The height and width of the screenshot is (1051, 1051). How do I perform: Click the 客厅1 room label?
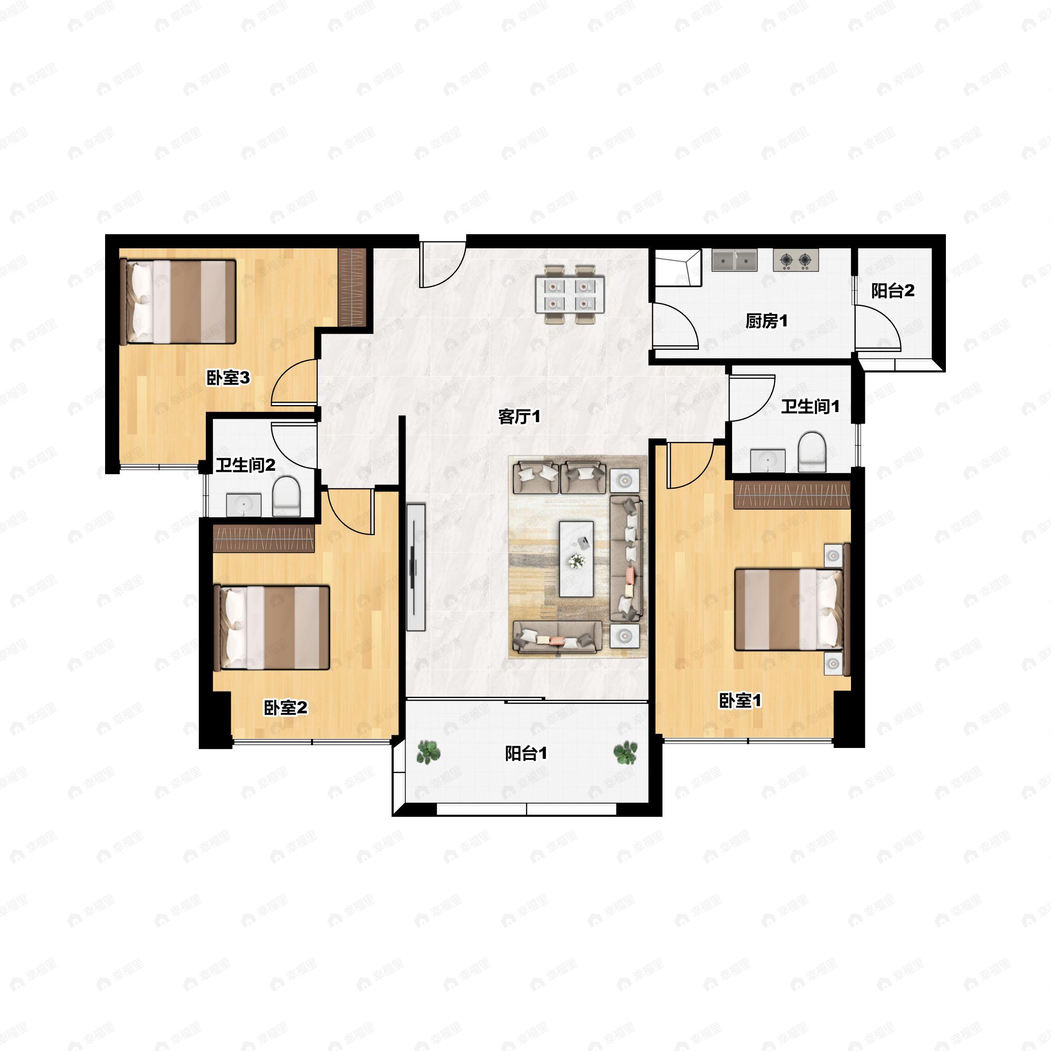[519, 417]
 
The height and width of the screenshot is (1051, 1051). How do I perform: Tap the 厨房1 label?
[766, 321]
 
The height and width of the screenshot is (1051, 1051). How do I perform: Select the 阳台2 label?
[893, 291]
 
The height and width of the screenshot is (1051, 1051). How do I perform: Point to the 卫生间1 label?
[810, 406]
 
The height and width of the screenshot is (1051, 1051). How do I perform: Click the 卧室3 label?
[228, 377]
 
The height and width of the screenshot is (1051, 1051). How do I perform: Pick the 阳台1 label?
[526, 753]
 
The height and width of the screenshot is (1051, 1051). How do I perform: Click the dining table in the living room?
[570, 294]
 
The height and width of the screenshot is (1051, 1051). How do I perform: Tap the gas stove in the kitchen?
[796, 260]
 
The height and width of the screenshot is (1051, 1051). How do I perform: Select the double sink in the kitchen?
[734, 260]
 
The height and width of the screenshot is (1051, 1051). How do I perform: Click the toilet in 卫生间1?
[811, 451]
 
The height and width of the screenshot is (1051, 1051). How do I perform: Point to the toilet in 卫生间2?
[286, 496]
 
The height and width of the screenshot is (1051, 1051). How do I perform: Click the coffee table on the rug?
[577, 559]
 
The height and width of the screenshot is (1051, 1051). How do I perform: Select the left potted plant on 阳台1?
[429, 753]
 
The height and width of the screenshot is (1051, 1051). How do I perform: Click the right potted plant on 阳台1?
[626, 753]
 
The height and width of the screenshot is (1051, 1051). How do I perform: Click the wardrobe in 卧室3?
[352, 287]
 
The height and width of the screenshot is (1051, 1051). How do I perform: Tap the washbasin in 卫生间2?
[244, 505]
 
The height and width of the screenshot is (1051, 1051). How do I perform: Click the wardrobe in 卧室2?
[264, 539]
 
